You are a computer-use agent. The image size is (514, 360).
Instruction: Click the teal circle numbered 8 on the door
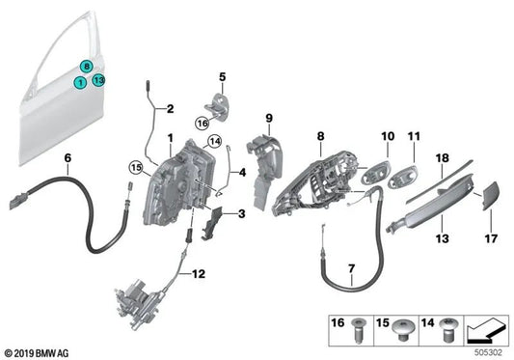pyautogui.click(x=88, y=67)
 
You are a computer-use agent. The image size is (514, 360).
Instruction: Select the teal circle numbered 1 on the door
pyautogui.click(x=81, y=83)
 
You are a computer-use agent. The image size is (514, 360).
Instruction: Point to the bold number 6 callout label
pyautogui.click(x=68, y=157)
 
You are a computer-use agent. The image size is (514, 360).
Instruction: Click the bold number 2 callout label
pyautogui.click(x=170, y=109)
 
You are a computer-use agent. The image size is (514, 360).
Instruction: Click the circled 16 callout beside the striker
pyautogui.click(x=202, y=123)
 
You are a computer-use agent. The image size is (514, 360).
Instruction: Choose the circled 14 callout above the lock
pyautogui.click(x=215, y=142)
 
